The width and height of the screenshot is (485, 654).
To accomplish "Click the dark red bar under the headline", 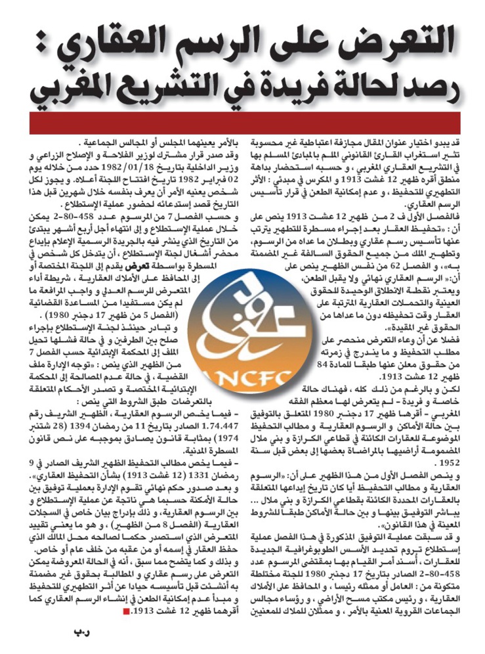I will [x=242, y=124].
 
